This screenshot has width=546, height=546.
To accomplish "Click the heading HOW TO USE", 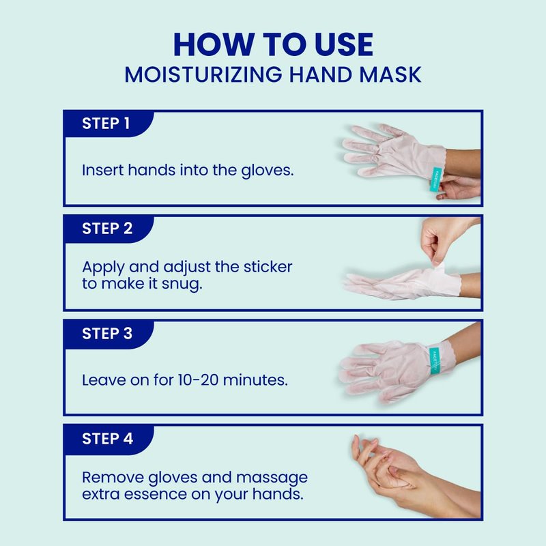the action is (274, 44).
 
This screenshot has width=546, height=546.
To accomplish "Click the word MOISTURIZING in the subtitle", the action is (203, 74).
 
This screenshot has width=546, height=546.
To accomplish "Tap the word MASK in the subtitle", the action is (390, 74).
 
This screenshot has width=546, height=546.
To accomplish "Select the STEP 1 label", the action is (106, 124).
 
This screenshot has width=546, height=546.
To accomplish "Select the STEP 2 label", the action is (107, 229).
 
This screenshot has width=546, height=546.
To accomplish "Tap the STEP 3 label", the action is (107, 334).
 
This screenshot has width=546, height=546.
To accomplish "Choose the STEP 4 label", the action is (108, 439).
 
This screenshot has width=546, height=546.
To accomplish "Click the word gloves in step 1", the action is (268, 171).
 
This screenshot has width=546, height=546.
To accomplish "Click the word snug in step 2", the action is (182, 285).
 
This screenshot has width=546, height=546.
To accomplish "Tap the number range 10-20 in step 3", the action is (198, 380).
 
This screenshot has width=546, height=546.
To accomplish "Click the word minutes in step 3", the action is (255, 380).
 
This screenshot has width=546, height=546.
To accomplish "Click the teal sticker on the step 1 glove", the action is (435, 179).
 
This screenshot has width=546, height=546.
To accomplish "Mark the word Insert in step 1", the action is (103, 170).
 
